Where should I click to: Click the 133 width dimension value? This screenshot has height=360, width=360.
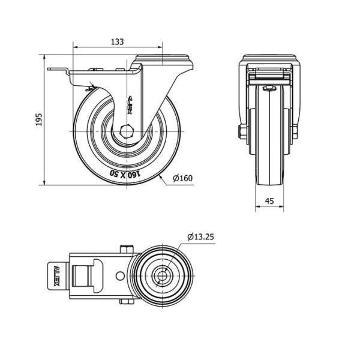coord(118,42)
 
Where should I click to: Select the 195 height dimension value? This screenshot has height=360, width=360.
coord(39,119)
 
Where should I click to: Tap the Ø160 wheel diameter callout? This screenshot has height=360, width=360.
coord(183,178)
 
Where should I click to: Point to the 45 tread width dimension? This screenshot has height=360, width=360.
coord(269,201)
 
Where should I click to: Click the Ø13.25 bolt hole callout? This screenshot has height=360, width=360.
coord(200,237)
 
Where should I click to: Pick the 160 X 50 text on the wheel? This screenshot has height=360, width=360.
coord(125,174)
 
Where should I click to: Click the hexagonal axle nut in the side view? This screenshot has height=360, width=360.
coord(125,131)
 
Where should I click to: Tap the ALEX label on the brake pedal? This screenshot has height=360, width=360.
coord(56,276)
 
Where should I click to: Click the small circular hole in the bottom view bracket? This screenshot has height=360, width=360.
coord(120,276)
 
